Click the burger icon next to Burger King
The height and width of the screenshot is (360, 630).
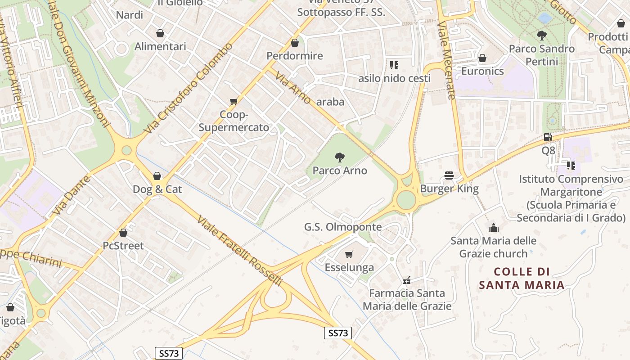point(449,175)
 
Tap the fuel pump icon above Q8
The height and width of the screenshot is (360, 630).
point(548,137)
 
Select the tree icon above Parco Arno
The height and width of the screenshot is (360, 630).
point(340,157)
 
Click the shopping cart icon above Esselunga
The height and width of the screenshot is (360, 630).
point(349,255)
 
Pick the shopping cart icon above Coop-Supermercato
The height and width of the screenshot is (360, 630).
point(234,101)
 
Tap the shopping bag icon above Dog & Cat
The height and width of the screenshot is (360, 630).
point(157,175)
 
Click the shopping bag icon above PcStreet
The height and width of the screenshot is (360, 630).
point(123,233)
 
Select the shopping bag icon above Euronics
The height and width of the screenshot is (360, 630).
point(482,58)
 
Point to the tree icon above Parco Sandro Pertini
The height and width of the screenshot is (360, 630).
point(542,35)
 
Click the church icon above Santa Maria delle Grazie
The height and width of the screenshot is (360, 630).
point(494,228)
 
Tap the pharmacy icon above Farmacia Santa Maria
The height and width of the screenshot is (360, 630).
point(407,280)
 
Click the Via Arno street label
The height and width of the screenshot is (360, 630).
point(293,88)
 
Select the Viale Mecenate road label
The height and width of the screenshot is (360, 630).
point(447,60)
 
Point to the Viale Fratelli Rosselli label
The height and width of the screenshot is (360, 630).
point(240,251)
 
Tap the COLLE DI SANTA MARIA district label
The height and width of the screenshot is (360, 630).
point(522,278)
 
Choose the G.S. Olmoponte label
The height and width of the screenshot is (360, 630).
point(343,227)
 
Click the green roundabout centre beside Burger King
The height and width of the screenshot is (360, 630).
point(406,200)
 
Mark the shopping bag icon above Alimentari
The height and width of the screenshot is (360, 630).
point(160,33)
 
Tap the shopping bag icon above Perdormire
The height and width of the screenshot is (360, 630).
point(295,43)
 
